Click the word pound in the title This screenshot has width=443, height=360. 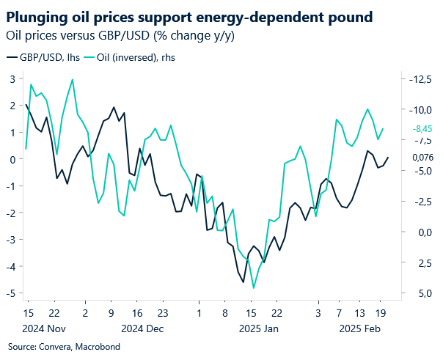[347, 15]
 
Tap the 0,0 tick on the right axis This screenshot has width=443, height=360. [419, 232]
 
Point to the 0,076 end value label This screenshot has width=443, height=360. [422, 157]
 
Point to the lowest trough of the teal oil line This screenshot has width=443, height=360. [254, 288]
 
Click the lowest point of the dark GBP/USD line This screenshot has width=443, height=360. [243, 282]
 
